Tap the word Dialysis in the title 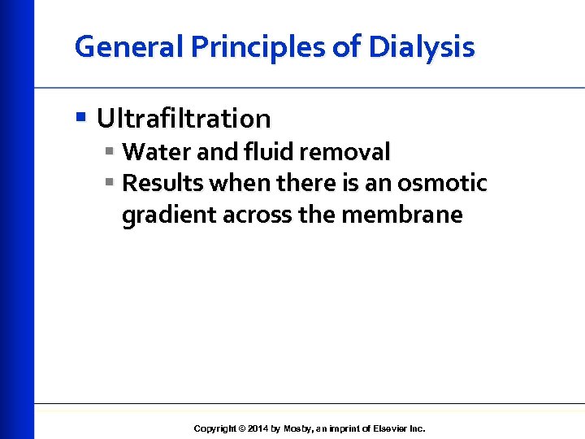tap(421, 47)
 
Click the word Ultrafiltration tap(184, 119)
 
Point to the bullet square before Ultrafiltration tap(80, 119)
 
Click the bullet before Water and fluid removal tap(109, 152)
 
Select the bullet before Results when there tap(109, 184)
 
